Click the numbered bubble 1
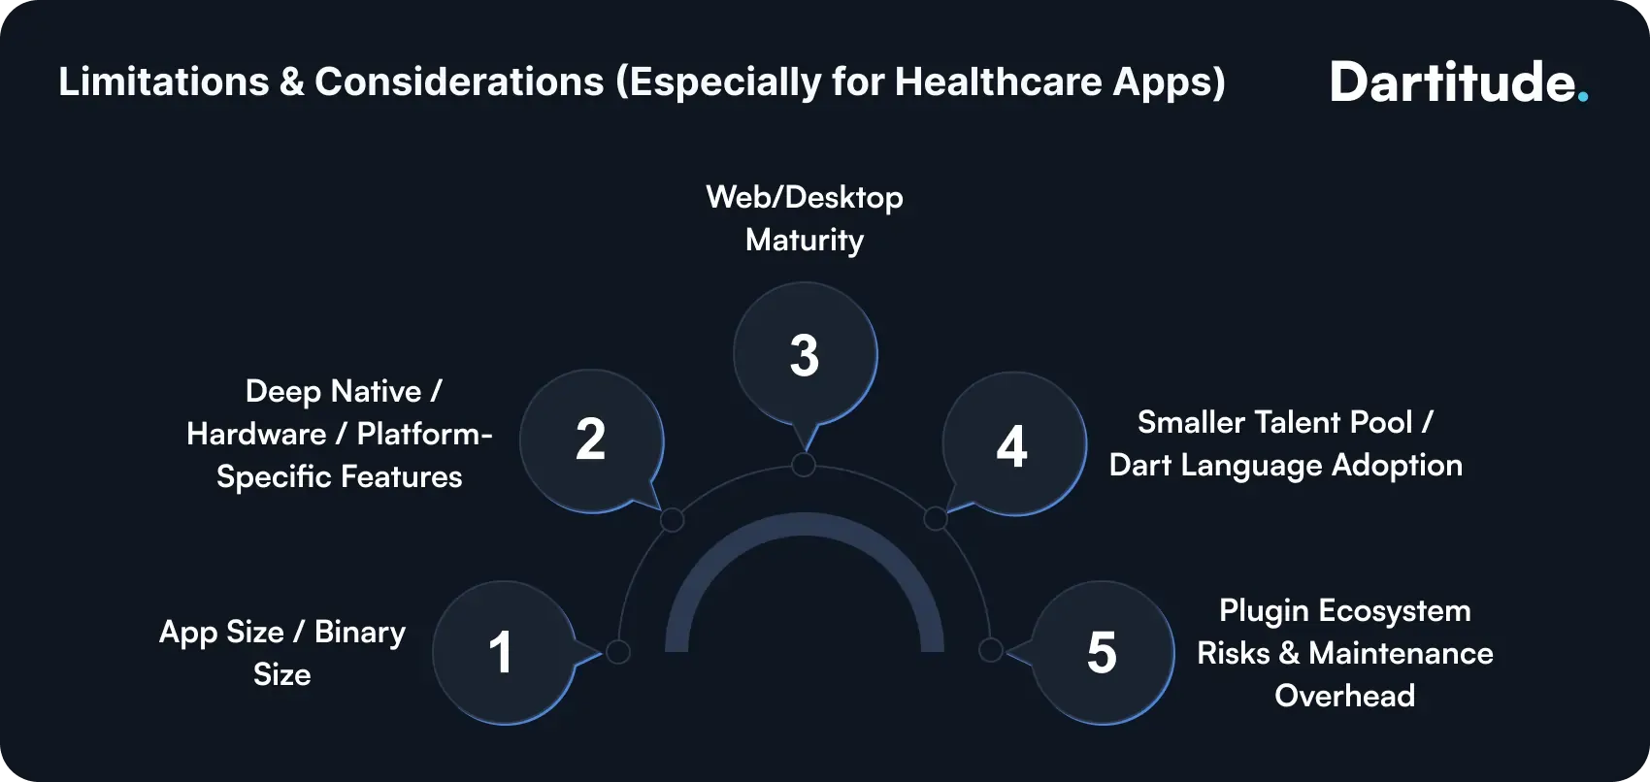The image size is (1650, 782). [503, 652]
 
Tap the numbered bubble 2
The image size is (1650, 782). [590, 440]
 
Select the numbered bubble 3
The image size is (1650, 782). [805, 355]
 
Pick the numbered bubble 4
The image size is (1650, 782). [1013, 445]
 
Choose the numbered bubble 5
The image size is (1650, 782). [1102, 652]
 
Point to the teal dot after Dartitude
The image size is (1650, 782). [1582, 96]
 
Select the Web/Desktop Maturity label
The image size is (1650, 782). [805, 218]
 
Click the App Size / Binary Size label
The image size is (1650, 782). [281, 653]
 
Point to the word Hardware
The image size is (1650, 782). [256, 434]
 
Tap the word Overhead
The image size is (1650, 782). [1344, 696]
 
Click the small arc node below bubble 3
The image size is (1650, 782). [804, 465]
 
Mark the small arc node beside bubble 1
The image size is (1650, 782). [618, 651]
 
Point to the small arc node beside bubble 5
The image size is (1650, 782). [990, 649]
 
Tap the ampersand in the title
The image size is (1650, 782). [291, 82]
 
